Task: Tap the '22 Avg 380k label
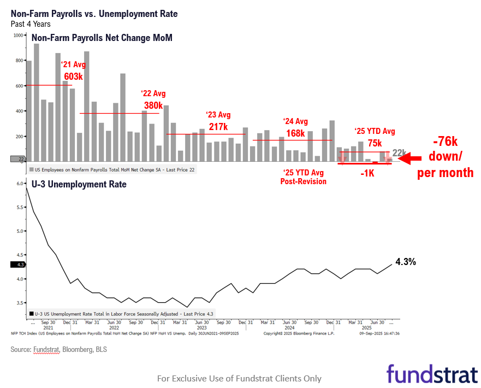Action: (153, 99)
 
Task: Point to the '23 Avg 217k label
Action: (218, 121)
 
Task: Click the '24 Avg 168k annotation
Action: (295, 127)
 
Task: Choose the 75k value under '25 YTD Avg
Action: (374, 143)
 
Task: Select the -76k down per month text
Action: (445, 157)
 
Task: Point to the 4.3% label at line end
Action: (406, 262)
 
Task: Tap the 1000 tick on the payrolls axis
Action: (18, 36)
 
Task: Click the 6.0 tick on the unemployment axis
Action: (20, 184)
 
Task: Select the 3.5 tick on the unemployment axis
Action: (20, 303)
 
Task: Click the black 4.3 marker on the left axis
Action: (17, 265)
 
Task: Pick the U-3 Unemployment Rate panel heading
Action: (79, 184)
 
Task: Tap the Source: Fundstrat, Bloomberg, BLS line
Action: (58, 349)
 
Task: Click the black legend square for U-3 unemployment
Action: (31, 314)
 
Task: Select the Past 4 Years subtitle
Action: (31, 24)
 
